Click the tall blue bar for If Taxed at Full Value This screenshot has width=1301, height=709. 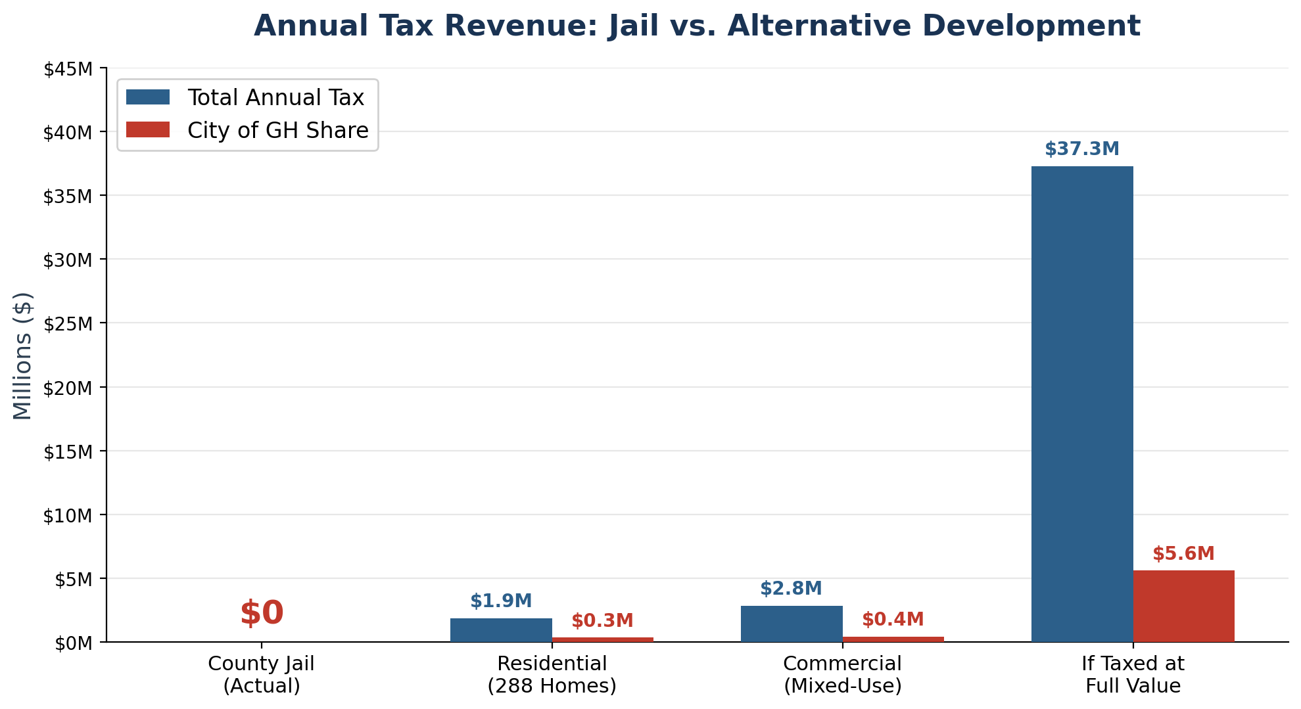coord(1081,403)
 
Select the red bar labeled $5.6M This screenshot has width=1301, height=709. coord(1183,606)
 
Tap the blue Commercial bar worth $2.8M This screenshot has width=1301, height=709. coord(792,624)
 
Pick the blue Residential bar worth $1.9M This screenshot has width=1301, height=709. coord(501,629)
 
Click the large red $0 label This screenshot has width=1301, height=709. coord(262,613)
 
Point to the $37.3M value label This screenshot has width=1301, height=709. coord(1081,149)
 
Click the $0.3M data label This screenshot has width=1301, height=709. coord(602,621)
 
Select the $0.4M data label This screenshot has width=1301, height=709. coord(893,620)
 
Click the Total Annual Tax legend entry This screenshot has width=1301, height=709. coord(275,98)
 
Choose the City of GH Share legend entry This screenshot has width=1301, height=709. coord(277,130)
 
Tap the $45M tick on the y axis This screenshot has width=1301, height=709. coord(67,69)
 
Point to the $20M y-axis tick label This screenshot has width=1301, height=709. coord(67,388)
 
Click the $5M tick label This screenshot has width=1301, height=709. coord(71,579)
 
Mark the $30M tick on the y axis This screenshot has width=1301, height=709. coord(67,260)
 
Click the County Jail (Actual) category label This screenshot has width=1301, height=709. coord(262,675)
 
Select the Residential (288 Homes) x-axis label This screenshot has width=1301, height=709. coord(552,675)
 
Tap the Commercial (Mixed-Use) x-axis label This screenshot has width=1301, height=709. coord(843,675)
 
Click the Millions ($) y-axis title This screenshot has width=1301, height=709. coord(22,355)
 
